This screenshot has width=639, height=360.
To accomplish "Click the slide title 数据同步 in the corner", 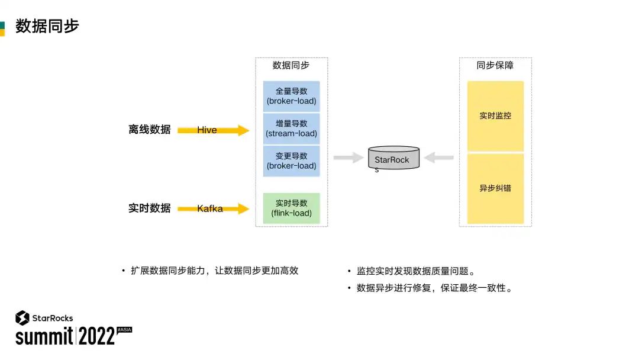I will [x=47, y=27].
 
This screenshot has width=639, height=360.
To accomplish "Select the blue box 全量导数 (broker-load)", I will [x=291, y=96].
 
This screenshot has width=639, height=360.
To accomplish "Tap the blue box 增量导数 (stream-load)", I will [x=291, y=128].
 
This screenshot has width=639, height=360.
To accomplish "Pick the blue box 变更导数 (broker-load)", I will [x=291, y=161].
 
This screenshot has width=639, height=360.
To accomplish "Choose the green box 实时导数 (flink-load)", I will [x=291, y=208].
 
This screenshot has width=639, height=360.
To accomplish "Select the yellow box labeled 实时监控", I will [x=495, y=116].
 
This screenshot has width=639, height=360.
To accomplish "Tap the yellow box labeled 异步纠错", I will [x=495, y=188].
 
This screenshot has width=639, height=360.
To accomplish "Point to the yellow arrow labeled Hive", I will [x=214, y=130].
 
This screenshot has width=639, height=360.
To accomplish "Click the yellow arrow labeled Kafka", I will [x=214, y=208].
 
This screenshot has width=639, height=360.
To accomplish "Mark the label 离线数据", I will [x=149, y=130].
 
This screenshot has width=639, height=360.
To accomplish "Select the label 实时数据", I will [x=149, y=208].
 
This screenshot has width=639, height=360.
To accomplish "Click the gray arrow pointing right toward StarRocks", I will [x=348, y=157].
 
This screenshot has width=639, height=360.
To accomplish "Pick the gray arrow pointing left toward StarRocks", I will [x=438, y=157].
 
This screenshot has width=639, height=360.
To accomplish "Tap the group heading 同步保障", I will [x=495, y=66].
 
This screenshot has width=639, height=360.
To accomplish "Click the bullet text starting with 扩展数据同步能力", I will [x=214, y=271].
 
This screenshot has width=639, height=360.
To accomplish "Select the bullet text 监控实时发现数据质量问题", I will [x=415, y=272].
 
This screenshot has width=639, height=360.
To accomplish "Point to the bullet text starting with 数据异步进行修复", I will [x=434, y=288].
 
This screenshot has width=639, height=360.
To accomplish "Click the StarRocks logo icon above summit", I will [x=22, y=318].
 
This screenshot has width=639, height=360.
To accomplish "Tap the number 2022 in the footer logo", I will [x=96, y=336].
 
